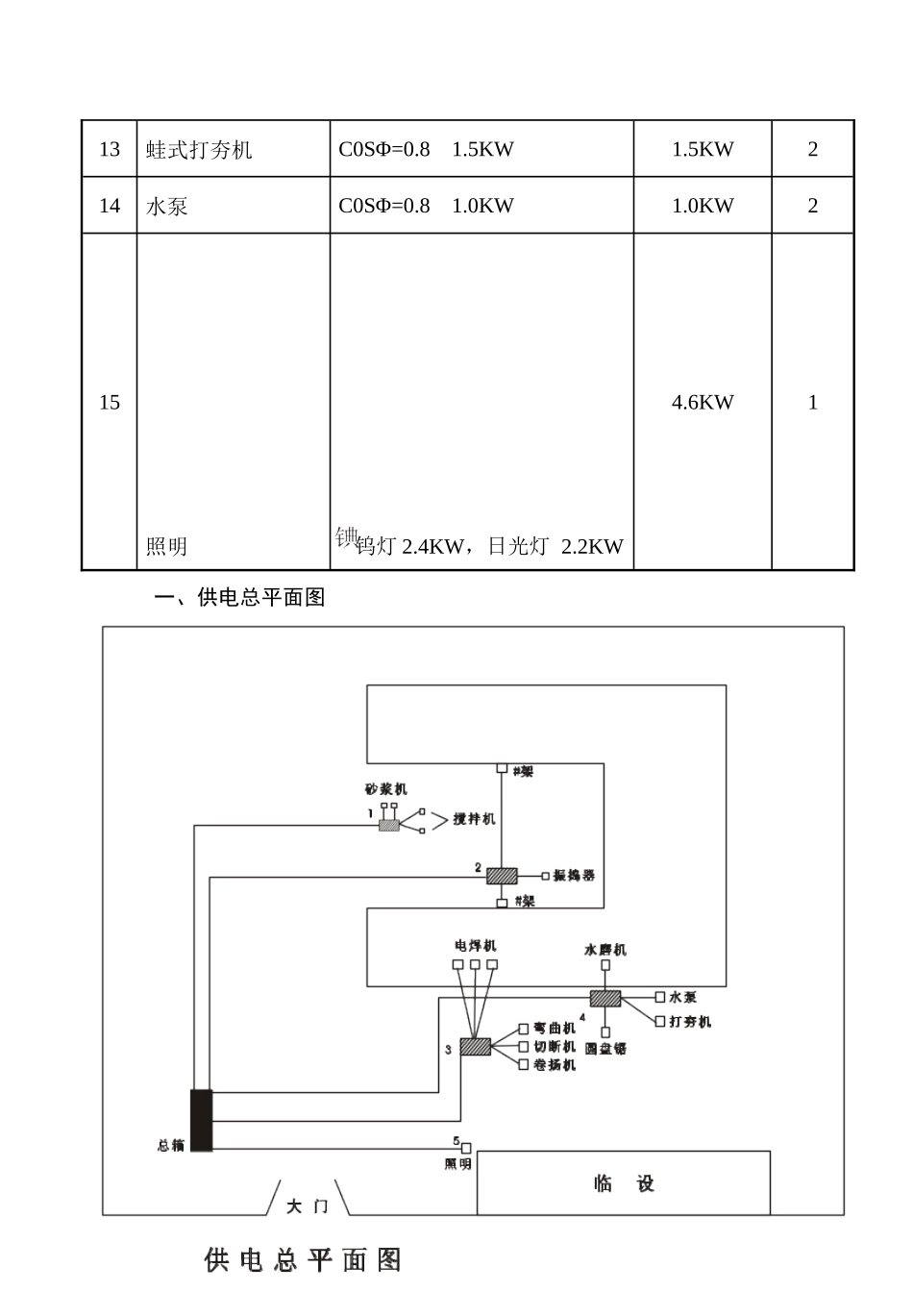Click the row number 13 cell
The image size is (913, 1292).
(x=110, y=149)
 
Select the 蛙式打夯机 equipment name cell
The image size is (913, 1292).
(x=199, y=150)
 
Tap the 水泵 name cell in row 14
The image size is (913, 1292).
(x=167, y=206)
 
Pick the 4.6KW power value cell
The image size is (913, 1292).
(x=703, y=402)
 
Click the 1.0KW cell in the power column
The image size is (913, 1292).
(x=703, y=205)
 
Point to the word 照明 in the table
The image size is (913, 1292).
(x=166, y=546)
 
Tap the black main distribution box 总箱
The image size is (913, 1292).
(x=201, y=1119)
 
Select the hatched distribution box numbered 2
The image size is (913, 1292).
(x=502, y=876)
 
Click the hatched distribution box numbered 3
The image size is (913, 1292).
(x=476, y=1046)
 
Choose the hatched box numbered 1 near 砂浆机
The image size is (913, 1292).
(x=388, y=825)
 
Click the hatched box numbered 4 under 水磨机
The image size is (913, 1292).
(x=605, y=998)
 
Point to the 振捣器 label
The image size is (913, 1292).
(x=574, y=876)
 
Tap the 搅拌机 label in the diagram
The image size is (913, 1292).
(x=474, y=819)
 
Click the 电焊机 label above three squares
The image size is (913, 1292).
(x=476, y=946)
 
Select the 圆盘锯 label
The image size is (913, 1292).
(x=605, y=1048)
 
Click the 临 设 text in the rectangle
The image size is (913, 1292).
(x=624, y=1183)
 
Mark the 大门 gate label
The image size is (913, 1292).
(x=308, y=1205)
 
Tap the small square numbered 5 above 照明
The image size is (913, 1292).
(x=466, y=1148)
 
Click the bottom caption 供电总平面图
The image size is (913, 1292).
(x=303, y=1259)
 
